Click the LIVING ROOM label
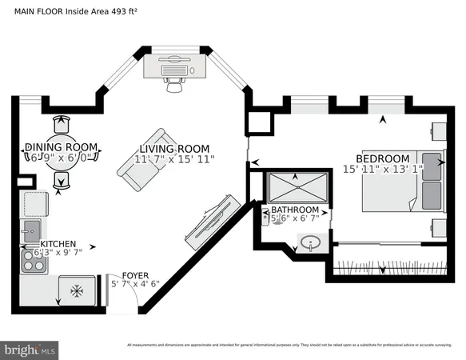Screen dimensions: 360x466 pos(174,149)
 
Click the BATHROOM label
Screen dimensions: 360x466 pos(294,210)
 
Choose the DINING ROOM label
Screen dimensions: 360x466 pos(61,147)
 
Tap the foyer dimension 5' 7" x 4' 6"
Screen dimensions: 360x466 pos(133,283)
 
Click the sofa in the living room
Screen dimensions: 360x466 pos(142,154)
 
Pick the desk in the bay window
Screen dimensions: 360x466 pos(177,66)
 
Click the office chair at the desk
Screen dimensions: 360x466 pos(174,83)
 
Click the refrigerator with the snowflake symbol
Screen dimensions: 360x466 pos(77,291)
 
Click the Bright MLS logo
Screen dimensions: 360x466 pos(30,349)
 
